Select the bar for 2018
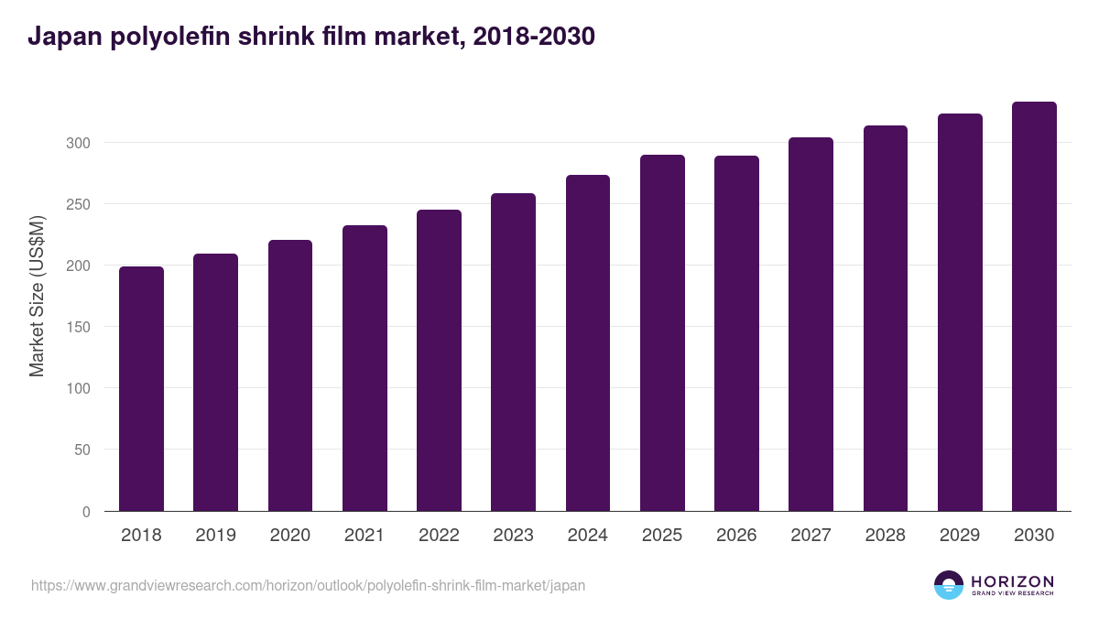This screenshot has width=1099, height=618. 141,389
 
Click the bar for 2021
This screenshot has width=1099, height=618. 365,368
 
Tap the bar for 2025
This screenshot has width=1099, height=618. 662,333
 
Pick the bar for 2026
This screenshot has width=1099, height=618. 736,333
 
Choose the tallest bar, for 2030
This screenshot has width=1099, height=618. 1034,307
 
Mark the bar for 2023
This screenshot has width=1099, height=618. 513,352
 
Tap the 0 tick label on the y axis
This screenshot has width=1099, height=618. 86,512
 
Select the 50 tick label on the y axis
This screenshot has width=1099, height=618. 82,450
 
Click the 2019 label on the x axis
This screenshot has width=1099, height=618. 215,536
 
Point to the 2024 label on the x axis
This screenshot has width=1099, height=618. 587,536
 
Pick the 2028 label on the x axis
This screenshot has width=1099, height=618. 885,536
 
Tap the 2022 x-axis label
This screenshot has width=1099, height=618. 439,536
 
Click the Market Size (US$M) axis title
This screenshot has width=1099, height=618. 37,296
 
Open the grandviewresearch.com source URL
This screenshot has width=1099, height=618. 308,585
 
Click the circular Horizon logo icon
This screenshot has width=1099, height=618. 949,585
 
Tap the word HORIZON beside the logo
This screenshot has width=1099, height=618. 1013,581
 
